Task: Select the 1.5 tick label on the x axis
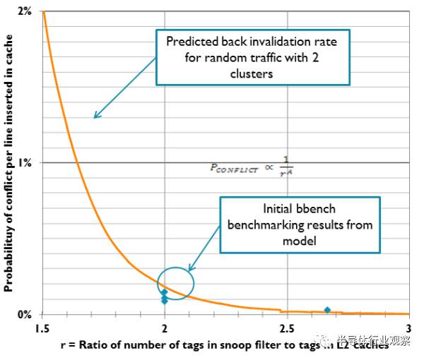click(x=42, y=329)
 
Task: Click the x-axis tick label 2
click(x=165, y=329)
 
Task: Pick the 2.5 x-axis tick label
click(x=287, y=329)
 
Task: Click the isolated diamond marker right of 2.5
click(x=327, y=310)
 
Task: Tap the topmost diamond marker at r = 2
click(x=165, y=292)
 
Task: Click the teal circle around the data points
click(x=175, y=284)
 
